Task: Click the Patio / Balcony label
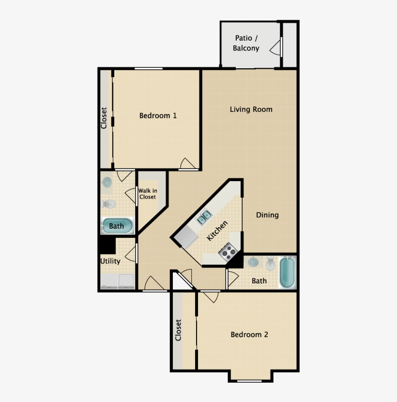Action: coord(246,43)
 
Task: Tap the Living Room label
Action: coord(251,109)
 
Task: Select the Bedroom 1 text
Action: coord(158,116)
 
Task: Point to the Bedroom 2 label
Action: coord(249,335)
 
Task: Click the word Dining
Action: coord(267,215)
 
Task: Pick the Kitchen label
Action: coord(217,231)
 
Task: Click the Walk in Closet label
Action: coord(147,194)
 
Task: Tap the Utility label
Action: coord(110,261)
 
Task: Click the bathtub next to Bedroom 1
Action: coord(117,226)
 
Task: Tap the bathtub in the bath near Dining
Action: coord(288,272)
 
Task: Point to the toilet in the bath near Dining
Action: coord(270,264)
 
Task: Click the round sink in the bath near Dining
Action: coord(253,262)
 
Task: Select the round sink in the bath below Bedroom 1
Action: coord(107,183)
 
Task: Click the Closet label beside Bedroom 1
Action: coord(104,118)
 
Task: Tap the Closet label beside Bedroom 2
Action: coord(178,330)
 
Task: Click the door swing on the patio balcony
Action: coord(276,47)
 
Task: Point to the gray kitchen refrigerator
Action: coord(186,237)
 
